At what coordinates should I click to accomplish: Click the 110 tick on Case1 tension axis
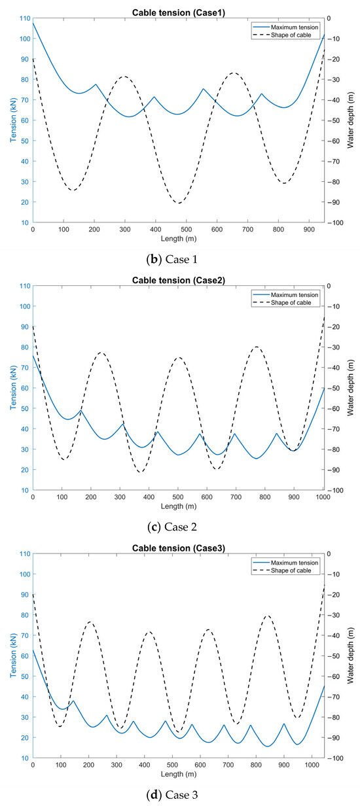(24, 18)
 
